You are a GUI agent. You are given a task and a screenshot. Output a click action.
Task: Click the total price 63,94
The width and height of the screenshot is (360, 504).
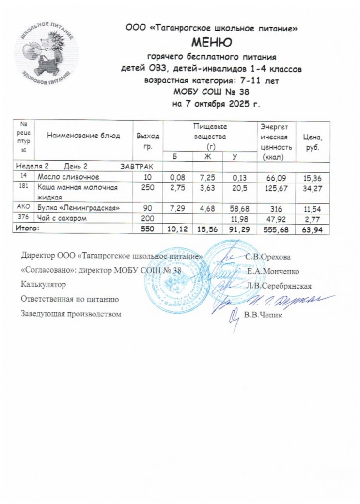[313, 228]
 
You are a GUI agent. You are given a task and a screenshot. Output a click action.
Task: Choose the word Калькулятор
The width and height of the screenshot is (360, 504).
[43, 285]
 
